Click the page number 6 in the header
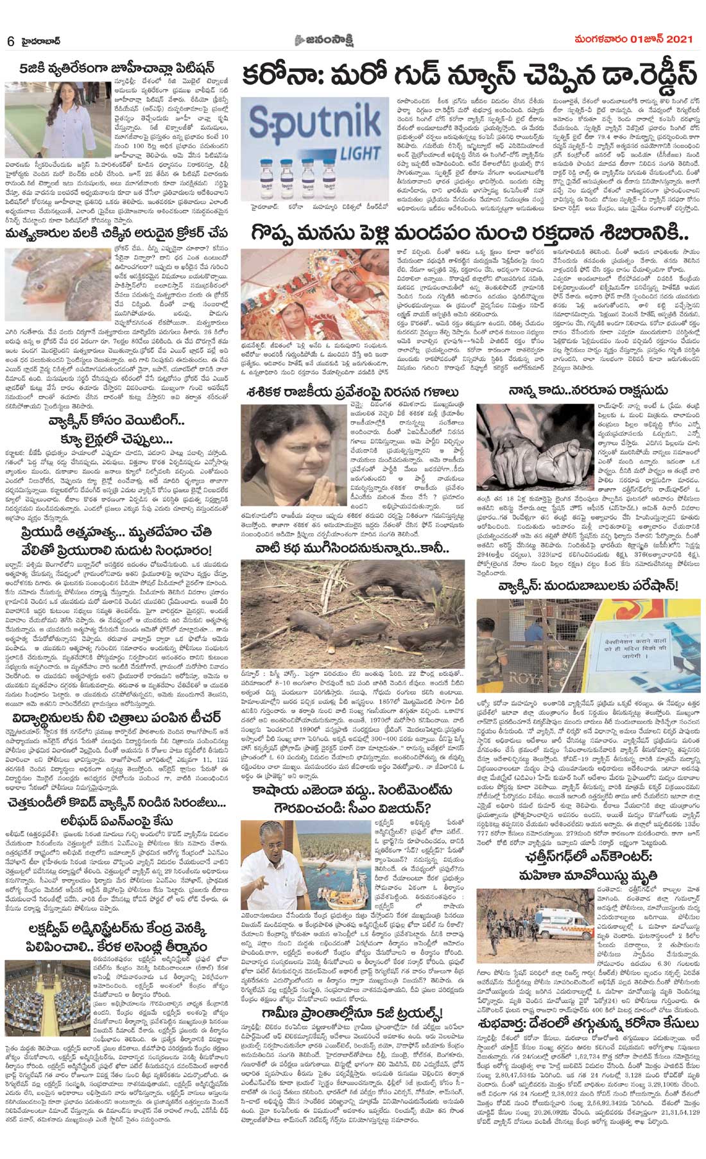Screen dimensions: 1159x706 [11, 40]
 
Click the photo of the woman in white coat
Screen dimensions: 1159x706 [28, 121]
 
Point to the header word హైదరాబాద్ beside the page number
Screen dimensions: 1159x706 [39, 40]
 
